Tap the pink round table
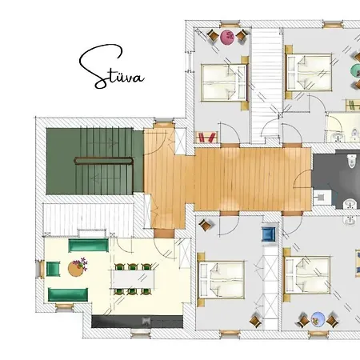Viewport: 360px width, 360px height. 227,37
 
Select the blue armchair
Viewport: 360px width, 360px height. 268,234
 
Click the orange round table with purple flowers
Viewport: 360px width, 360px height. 77,268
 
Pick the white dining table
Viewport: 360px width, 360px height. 133,279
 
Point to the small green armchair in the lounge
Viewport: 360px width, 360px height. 53,269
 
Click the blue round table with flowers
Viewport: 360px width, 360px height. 318,319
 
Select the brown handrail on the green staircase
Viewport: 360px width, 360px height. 104,162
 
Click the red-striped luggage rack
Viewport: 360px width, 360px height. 206,138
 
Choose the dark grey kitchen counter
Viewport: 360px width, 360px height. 137,322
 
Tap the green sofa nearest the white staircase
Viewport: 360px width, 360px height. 88,246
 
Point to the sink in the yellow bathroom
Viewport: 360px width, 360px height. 338,137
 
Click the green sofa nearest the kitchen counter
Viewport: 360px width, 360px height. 68,294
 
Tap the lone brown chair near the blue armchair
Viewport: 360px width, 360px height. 205,226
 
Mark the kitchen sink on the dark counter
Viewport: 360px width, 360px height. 146,321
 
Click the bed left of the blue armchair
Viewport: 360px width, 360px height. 222,279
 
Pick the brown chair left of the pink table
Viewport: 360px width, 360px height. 213,36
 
